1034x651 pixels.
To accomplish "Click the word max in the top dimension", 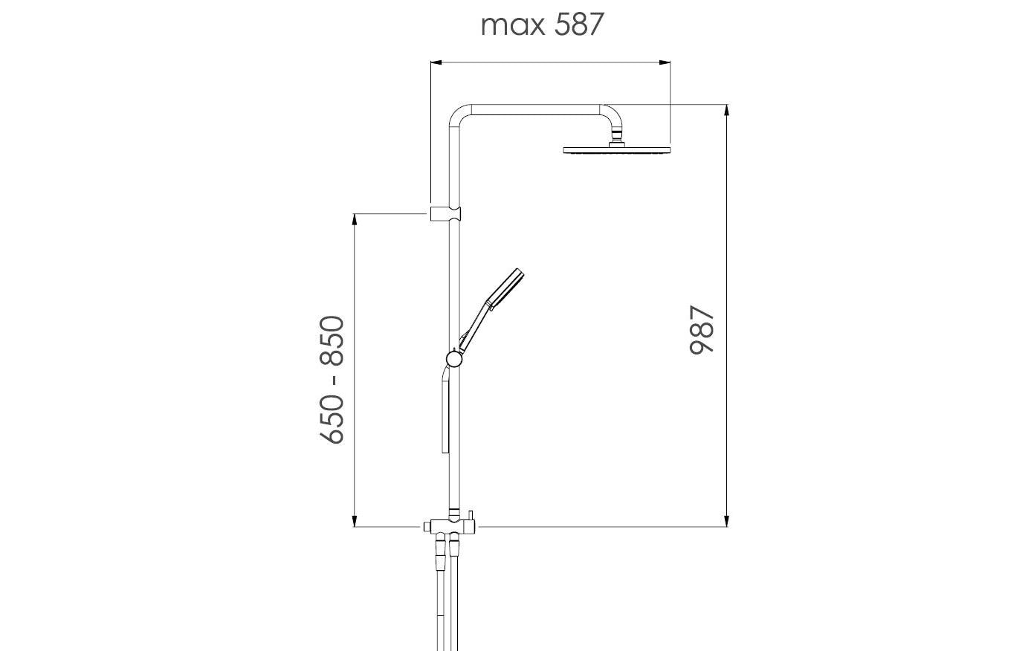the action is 512,26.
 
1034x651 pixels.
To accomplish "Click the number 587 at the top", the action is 579,25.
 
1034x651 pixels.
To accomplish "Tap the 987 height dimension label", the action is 702,329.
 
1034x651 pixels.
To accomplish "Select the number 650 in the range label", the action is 332,419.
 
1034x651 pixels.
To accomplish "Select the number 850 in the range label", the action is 332,340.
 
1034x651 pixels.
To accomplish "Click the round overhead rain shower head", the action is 617,150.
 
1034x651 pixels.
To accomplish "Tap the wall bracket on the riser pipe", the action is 445,213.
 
